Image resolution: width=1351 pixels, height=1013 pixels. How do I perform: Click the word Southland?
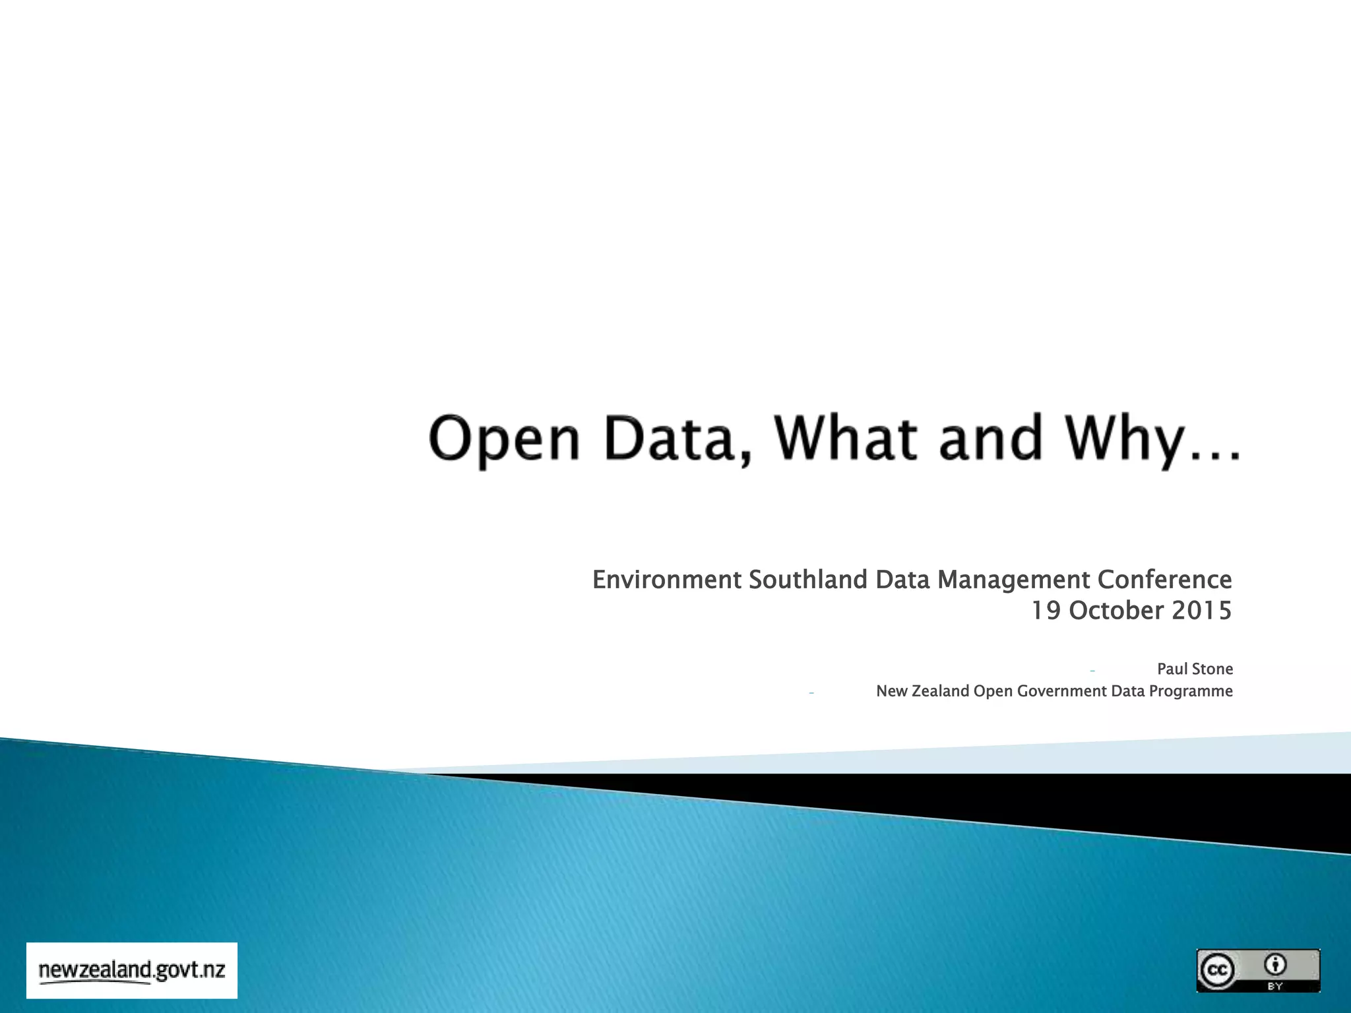[x=808, y=580]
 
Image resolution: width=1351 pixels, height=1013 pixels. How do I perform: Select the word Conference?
[x=1164, y=580]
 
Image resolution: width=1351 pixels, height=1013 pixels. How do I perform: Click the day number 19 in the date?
[x=1046, y=611]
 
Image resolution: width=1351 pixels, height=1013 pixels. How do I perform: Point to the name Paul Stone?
[x=1195, y=669]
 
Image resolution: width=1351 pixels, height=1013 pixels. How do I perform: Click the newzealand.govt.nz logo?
[x=132, y=970]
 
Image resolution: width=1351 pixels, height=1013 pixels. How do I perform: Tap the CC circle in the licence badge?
[x=1217, y=970]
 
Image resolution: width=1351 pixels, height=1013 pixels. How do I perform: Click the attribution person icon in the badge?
[x=1275, y=965]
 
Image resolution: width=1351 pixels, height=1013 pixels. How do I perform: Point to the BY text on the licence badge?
[x=1275, y=986]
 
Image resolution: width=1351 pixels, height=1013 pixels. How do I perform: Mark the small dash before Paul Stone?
[x=1093, y=671]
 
